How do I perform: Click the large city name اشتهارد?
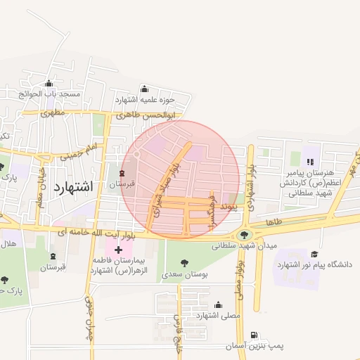click(72, 188)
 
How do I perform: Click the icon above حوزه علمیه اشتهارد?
click(145, 89)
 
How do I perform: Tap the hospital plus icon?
click(118, 250)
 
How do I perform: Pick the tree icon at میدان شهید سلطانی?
click(245, 234)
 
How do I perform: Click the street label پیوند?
click(229, 207)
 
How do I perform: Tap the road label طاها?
click(274, 223)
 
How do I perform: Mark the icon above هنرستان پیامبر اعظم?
click(310, 162)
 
